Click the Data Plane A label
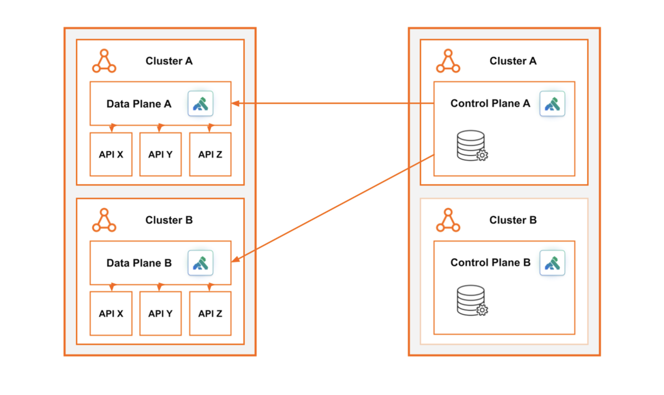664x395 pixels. pyautogui.click(x=139, y=104)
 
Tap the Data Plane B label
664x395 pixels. pyautogui.click(x=139, y=263)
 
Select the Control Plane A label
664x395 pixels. pyautogui.click(x=490, y=103)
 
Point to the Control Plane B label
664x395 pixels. pyautogui.click(x=490, y=262)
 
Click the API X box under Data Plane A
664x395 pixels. pyautogui.click(x=111, y=154)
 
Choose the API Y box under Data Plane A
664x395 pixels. pyautogui.click(x=160, y=154)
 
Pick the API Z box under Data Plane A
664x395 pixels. pyautogui.click(x=210, y=154)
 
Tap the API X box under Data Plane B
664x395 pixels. pyautogui.click(x=111, y=314)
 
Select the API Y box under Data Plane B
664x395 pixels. pyautogui.click(x=160, y=314)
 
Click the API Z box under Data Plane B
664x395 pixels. pyautogui.click(x=210, y=314)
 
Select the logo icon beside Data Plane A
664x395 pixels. pyautogui.click(x=200, y=104)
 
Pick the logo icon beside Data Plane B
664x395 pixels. pyautogui.click(x=200, y=263)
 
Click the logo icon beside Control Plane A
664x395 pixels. pyautogui.click(x=552, y=104)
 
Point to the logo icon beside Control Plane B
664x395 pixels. pyautogui.click(x=552, y=263)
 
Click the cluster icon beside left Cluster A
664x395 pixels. pyautogui.click(x=104, y=61)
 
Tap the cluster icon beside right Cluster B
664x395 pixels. pyautogui.click(x=448, y=220)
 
